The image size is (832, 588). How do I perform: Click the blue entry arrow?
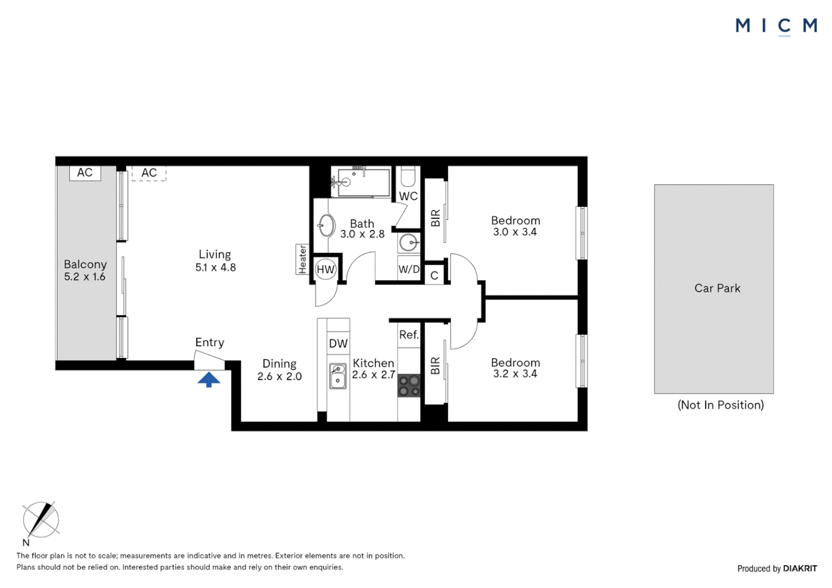point(209,379)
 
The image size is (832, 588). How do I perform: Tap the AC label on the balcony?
point(85,173)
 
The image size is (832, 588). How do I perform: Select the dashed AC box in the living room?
point(149,173)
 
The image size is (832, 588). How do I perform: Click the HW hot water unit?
point(326,269)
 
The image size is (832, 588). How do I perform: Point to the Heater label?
point(303,259)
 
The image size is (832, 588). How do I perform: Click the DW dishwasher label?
point(338,344)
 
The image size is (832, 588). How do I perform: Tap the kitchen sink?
point(338,376)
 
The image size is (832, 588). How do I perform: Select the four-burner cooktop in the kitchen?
point(409,385)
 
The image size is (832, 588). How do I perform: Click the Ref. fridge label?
point(409,335)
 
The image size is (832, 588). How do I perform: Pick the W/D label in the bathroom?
point(409,269)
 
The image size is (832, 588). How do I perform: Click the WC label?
point(408,196)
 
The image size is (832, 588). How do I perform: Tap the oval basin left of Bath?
point(327,225)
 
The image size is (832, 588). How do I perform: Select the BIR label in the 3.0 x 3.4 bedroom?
point(436,218)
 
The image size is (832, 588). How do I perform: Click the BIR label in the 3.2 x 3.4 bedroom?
point(436,366)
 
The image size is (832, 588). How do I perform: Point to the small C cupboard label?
point(435,275)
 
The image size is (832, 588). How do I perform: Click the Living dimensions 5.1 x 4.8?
point(216,267)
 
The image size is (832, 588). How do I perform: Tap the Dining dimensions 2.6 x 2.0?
point(279,376)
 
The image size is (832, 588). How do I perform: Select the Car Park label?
point(717,289)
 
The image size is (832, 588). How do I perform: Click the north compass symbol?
point(40,520)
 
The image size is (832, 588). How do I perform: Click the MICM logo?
point(776,26)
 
